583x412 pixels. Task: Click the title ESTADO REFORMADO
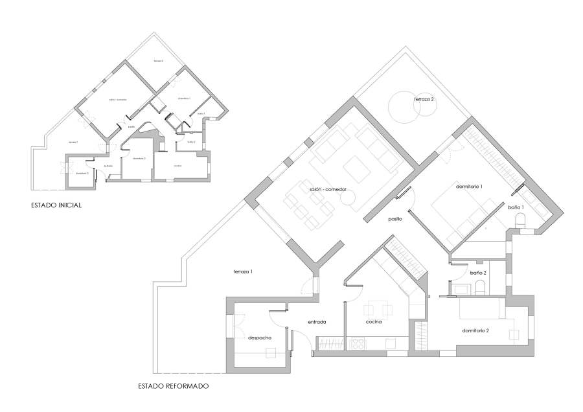coord(173,386)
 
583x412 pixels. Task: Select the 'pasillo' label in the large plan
coord(395,219)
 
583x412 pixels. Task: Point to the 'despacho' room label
coord(259,338)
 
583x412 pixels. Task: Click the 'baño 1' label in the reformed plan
coord(516,207)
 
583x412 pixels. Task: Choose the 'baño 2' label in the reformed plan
coord(477,273)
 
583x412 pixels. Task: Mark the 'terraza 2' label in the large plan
coord(424,100)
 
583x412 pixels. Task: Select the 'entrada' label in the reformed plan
coord(316,321)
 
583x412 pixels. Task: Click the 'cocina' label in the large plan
coord(373,321)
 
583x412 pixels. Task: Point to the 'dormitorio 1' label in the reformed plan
coord(470,186)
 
